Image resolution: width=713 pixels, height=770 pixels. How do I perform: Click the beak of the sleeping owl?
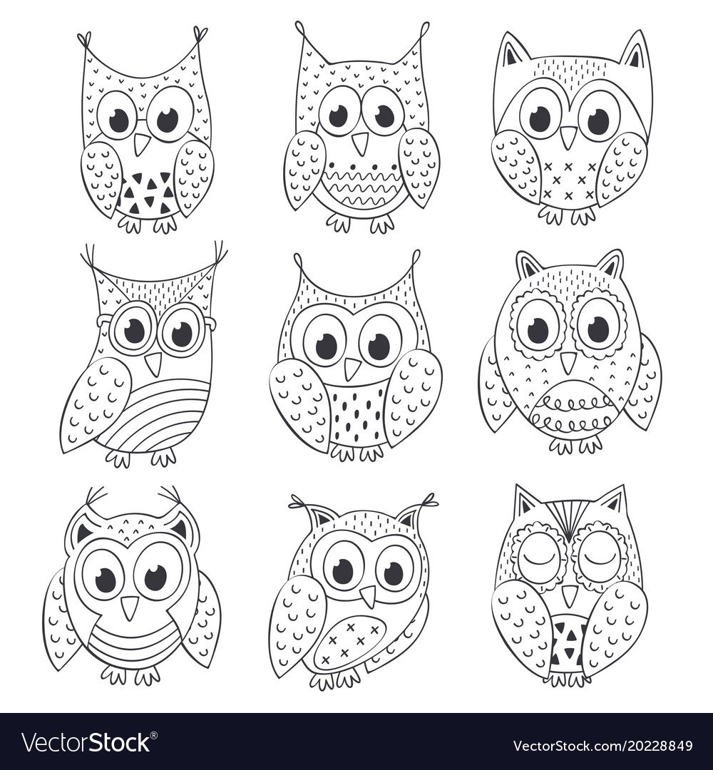pos(568,595)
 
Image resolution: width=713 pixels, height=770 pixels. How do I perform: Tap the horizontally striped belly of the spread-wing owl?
pos(131,641)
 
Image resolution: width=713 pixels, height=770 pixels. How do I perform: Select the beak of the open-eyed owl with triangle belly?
pos(143,144)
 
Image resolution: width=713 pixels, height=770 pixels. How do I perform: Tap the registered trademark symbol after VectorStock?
pos(154,734)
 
